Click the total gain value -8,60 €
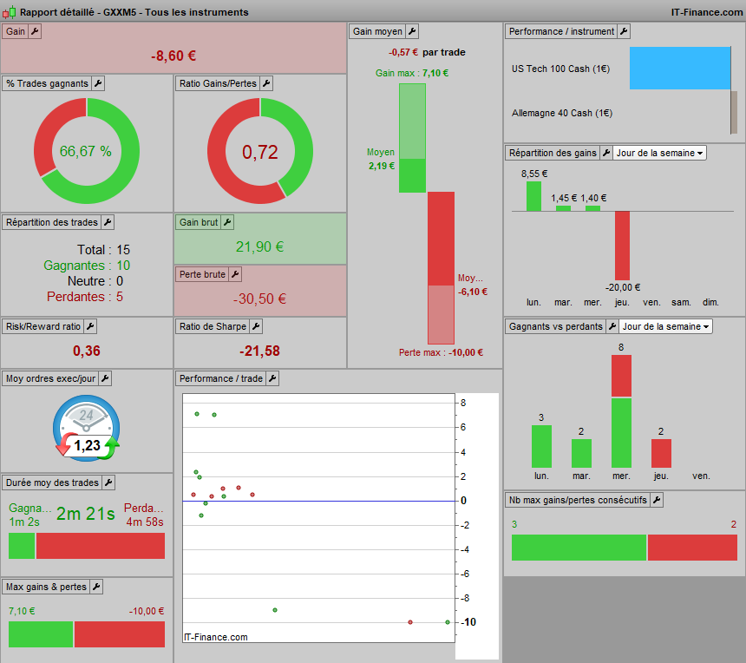173,56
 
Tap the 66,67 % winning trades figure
86,151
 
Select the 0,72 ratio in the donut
260,152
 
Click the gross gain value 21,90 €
260,246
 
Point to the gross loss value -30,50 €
259,299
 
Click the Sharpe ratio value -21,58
260,351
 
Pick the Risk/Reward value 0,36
86,351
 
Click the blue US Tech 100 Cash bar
680,68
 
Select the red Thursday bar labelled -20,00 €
622,246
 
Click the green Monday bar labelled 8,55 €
533,196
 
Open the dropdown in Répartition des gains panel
659,153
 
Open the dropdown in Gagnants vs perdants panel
665,326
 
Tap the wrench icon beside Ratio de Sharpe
256,326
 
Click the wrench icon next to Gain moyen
412,31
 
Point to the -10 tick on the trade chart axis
468,622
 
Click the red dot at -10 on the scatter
410,621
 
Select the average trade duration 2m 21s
86,514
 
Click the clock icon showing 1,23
86,429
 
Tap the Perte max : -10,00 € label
441,353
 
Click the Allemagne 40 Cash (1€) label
562,113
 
